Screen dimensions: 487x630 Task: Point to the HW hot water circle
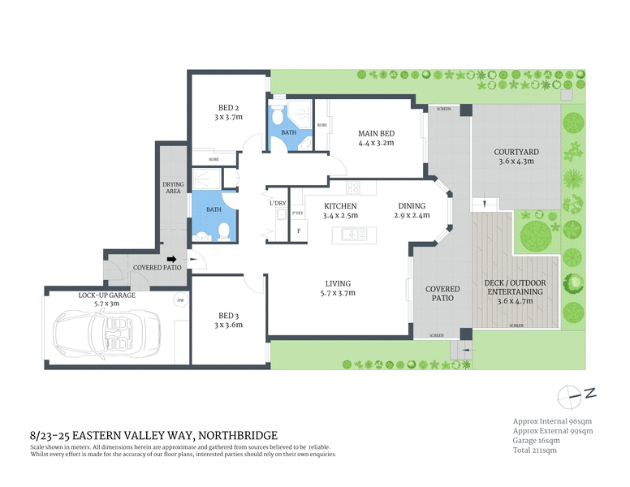coord(179,300)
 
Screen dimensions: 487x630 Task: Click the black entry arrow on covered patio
coord(171,260)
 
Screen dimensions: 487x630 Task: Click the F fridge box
coord(299,231)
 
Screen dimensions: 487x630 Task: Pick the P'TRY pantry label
coord(296,213)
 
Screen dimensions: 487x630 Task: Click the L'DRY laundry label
coord(278,203)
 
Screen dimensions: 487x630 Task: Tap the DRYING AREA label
coord(172,188)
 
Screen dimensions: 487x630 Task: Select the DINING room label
coord(412,206)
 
